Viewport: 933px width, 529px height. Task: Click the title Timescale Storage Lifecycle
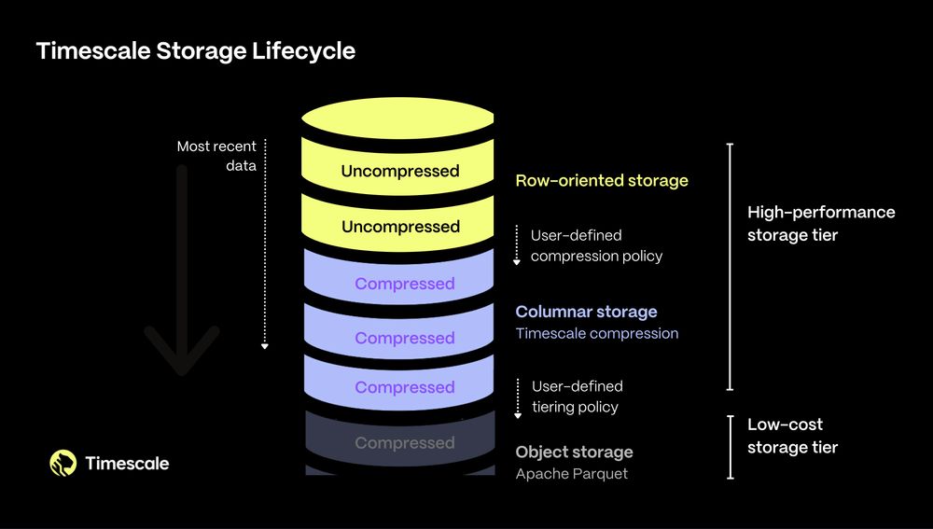(196, 50)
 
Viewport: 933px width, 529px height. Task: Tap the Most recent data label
(216, 157)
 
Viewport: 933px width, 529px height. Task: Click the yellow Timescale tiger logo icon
(63, 463)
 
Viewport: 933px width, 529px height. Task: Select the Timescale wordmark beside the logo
(127, 463)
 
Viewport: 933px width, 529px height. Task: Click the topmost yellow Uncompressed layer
(399, 172)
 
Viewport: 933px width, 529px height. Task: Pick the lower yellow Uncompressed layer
(399, 227)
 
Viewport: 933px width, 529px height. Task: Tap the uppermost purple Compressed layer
(404, 284)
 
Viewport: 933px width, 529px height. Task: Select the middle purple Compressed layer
(404, 338)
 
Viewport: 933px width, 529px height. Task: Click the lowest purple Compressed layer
(404, 387)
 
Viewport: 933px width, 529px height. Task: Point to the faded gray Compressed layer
(404, 443)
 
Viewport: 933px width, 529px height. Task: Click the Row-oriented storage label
(602, 180)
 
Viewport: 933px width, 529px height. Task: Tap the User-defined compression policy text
(596, 245)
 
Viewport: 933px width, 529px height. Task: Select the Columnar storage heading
(586, 312)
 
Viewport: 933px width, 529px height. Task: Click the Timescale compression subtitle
(597, 333)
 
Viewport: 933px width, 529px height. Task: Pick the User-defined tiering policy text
(577, 397)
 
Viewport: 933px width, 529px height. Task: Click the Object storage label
(574, 452)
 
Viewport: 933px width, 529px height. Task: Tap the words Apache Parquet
(572, 474)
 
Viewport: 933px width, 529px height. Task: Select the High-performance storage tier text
(821, 224)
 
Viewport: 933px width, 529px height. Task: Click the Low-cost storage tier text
(792, 436)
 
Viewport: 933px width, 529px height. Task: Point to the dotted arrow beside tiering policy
(518, 397)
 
